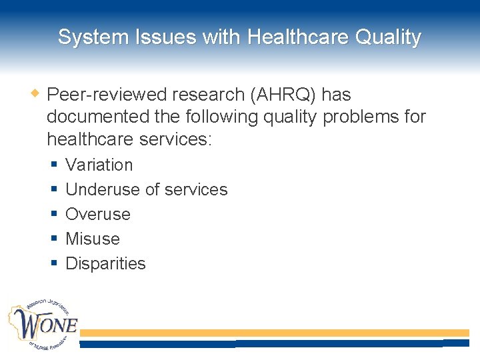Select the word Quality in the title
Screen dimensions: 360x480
pos(387,37)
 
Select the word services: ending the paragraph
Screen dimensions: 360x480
pos(177,139)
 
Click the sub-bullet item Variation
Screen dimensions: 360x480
pos(99,165)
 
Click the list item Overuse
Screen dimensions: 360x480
pos(98,215)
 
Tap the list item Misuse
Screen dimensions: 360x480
pos(93,239)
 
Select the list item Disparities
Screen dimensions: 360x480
pos(105,263)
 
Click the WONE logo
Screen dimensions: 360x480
pos(43,325)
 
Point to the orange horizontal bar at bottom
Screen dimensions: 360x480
pos(273,332)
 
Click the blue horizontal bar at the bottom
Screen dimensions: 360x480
pos(273,343)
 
